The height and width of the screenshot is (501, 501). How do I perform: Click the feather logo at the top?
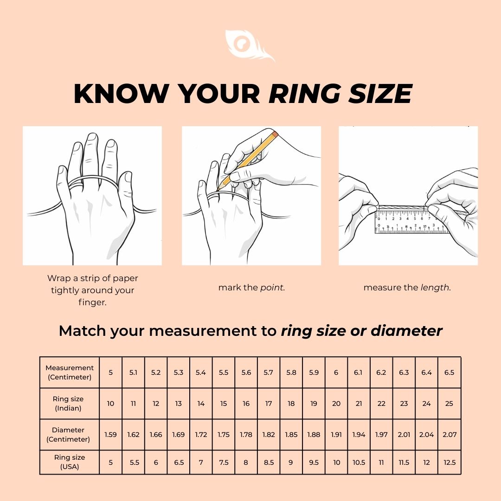[x=248, y=45]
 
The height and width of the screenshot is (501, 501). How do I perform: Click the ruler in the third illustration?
[x=411, y=221]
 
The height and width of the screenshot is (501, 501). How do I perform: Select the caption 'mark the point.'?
[x=251, y=288]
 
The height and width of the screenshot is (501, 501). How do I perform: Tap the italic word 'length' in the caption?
[x=435, y=288]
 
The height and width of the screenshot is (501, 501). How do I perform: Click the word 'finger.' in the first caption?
[x=92, y=302]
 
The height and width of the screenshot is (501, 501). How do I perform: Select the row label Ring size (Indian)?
[x=68, y=404]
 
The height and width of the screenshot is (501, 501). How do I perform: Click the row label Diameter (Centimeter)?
[x=68, y=435]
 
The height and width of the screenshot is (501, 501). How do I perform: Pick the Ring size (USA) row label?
[x=69, y=462]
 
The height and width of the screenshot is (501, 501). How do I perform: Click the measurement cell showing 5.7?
[x=269, y=373]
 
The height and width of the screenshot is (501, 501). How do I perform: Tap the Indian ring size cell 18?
[x=291, y=404]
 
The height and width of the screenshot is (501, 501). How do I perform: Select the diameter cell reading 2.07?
[x=449, y=435]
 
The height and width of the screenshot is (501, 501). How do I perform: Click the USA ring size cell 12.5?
[x=449, y=462]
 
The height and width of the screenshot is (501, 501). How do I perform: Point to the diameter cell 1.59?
[x=110, y=435]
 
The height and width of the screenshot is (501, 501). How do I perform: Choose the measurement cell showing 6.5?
[x=449, y=373]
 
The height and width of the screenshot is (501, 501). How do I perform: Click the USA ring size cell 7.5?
[x=224, y=462]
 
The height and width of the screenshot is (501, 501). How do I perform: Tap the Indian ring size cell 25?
[x=449, y=404]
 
